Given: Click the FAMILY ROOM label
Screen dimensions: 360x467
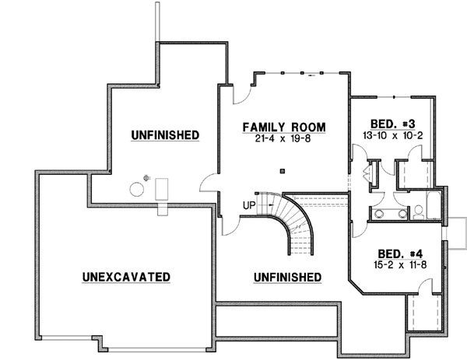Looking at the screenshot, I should click(x=283, y=127).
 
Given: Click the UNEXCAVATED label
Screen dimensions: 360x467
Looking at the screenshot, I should click(x=125, y=277).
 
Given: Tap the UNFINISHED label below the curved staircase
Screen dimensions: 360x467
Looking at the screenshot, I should click(x=287, y=278).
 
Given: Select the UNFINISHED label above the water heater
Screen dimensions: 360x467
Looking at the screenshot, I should click(x=165, y=135).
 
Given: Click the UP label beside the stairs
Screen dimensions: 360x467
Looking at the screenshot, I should click(x=249, y=206).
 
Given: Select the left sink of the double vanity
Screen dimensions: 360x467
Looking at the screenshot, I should click(x=378, y=211).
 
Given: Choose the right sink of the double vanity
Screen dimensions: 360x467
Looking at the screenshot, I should click(x=402, y=211).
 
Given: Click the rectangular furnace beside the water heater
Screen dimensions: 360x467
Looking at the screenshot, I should click(x=162, y=189).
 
